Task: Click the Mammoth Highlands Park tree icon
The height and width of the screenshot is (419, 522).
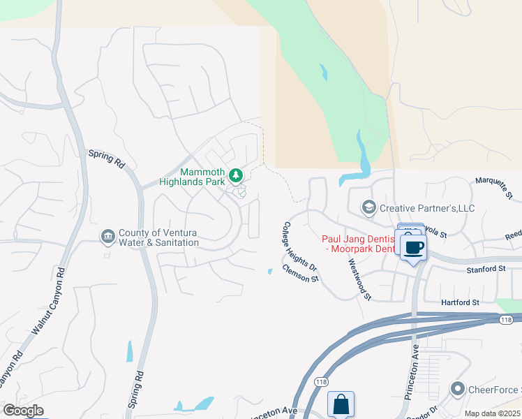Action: click(x=236, y=174)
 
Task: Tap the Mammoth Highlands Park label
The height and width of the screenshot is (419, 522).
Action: click(x=202, y=177)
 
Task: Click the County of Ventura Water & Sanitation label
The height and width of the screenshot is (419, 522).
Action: click(x=158, y=238)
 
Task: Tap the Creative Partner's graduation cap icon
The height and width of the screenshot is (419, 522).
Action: click(x=368, y=207)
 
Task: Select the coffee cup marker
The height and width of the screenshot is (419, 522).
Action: click(x=414, y=247)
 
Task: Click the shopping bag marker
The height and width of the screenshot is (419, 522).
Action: click(x=341, y=404)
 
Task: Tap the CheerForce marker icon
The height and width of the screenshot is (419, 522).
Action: click(x=458, y=388)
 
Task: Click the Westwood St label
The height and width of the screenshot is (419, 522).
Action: click(x=359, y=279)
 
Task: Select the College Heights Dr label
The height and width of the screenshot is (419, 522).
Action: click(x=299, y=247)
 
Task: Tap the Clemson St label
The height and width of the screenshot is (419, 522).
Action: click(x=301, y=273)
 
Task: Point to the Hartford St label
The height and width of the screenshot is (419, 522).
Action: click(x=461, y=302)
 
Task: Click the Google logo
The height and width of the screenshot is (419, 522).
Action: click(x=23, y=411)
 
